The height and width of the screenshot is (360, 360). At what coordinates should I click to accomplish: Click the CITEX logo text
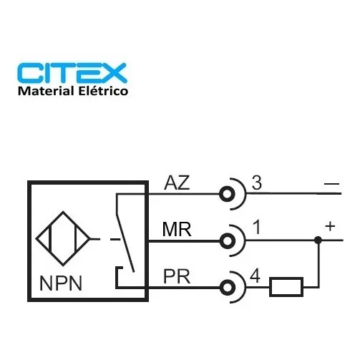72,73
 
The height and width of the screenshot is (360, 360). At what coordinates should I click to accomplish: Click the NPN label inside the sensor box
61,283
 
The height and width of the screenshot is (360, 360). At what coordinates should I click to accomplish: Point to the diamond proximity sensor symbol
63,238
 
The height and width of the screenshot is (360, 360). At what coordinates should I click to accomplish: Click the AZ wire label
177,183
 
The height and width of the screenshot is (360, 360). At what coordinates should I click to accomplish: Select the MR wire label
177,229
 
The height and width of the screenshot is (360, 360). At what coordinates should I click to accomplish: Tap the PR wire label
177,276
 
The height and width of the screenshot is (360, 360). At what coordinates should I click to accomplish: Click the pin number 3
257,183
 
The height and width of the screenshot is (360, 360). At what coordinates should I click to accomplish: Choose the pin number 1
257,227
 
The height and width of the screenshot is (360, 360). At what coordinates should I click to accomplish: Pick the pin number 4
255,276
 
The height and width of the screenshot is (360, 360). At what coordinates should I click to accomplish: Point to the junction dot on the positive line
318,240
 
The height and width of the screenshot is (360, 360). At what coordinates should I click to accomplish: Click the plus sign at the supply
330,226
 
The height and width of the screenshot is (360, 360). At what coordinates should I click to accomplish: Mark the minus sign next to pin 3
331,184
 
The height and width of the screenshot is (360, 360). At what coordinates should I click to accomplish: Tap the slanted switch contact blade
125,243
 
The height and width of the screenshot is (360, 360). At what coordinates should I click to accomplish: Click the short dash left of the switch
115,239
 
